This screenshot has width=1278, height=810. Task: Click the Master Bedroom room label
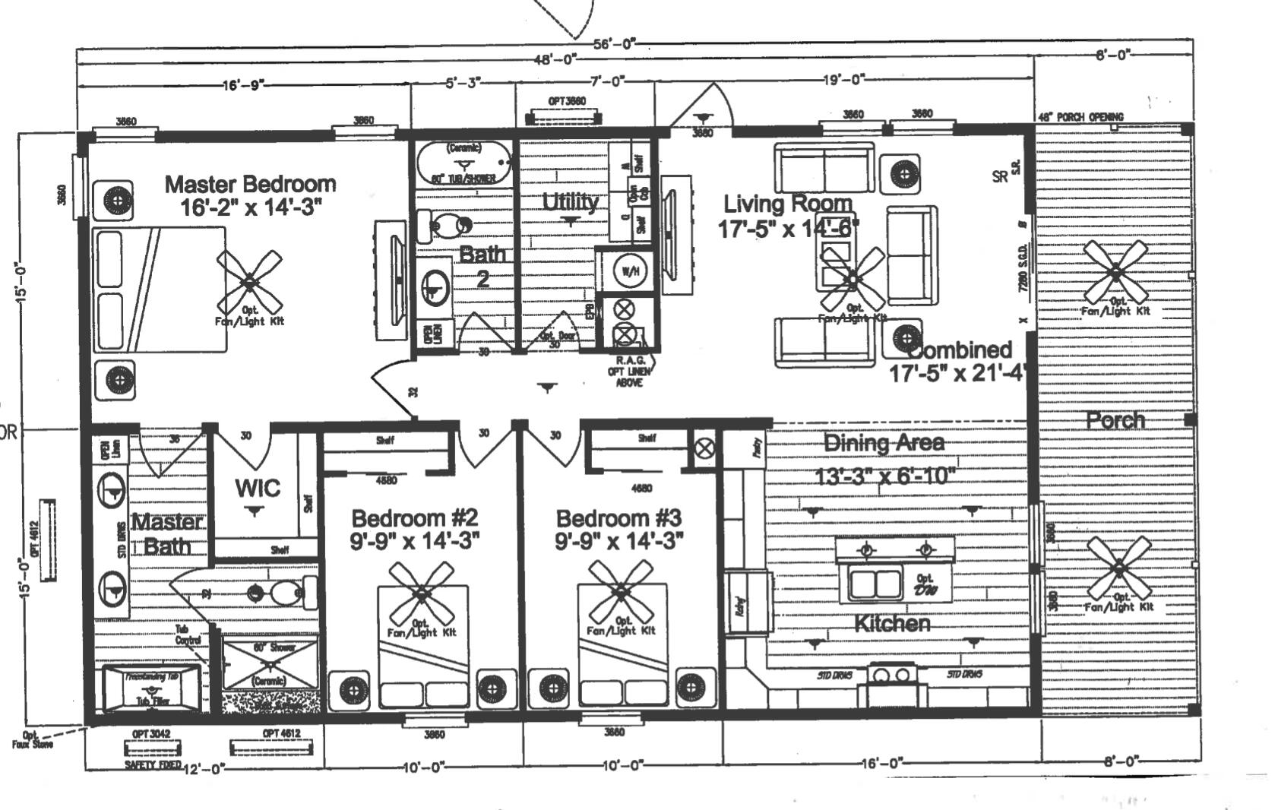point(250,185)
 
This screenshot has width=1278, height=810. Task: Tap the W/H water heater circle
point(629,271)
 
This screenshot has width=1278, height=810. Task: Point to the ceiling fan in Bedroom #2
point(420,593)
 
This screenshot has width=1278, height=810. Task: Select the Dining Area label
point(884,443)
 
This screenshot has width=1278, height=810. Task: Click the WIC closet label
point(258,488)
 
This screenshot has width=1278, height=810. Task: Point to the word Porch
point(1115,420)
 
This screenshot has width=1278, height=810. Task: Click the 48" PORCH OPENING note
point(1080,117)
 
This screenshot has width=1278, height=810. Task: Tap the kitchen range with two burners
point(894,675)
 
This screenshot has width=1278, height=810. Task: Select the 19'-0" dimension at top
point(843,79)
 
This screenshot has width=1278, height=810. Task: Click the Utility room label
point(570,202)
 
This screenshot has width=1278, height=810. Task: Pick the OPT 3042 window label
point(150,735)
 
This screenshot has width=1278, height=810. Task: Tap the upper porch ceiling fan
point(1115,272)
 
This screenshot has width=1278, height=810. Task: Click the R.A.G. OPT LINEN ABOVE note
point(630,371)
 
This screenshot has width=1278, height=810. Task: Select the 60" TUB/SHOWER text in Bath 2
point(463,179)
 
